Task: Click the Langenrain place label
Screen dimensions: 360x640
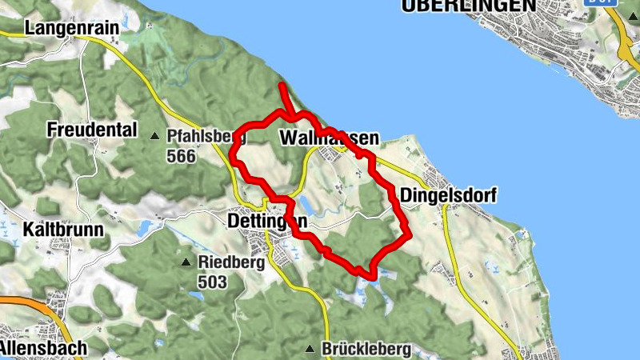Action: (x=71, y=28)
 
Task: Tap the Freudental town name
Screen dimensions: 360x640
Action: (x=92, y=130)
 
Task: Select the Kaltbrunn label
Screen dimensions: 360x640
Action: (x=64, y=230)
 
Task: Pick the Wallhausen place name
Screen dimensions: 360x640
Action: (x=329, y=138)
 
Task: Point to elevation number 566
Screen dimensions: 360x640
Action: (x=182, y=156)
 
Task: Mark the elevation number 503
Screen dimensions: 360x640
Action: (x=213, y=282)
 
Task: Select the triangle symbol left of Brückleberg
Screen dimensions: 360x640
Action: (x=310, y=349)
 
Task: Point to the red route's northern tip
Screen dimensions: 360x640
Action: (x=281, y=86)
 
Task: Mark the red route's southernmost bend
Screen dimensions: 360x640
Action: (x=371, y=275)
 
